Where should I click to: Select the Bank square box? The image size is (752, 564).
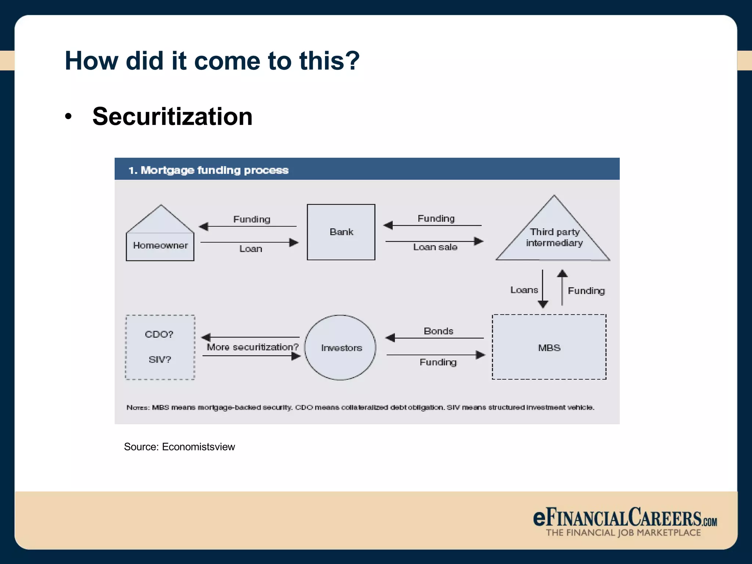click(341, 232)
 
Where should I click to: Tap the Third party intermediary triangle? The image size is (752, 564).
click(554, 237)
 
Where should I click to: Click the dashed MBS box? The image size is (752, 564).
click(549, 347)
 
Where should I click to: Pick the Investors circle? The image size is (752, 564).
click(340, 347)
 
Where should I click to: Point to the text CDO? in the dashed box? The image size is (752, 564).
click(159, 334)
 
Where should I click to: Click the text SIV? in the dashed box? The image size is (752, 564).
click(160, 359)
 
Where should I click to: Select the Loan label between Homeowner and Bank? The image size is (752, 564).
click(251, 249)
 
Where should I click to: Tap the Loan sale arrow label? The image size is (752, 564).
click(435, 247)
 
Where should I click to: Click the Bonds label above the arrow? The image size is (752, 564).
click(438, 331)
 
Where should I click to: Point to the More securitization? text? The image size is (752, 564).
click(253, 347)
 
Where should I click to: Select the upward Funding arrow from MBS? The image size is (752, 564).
click(562, 288)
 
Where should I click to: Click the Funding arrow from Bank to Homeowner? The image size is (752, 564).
click(248, 226)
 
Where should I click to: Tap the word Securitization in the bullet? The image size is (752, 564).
click(172, 116)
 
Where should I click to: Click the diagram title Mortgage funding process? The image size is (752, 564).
click(208, 170)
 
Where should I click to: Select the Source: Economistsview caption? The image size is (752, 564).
click(179, 447)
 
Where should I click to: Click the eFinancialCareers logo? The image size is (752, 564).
click(625, 521)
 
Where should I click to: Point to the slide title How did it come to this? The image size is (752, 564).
click(212, 61)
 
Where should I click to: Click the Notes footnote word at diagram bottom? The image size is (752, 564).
click(137, 408)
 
